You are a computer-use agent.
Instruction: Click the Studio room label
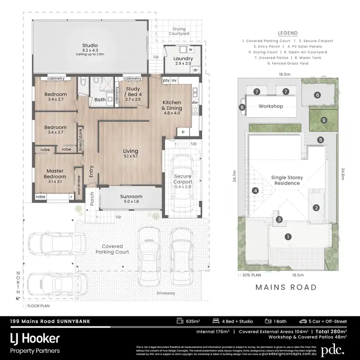coord(90,46)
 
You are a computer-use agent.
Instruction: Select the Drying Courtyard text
coord(179,32)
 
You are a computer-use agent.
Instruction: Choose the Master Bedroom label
coord(55,173)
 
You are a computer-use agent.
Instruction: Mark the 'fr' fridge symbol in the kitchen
coord(183,132)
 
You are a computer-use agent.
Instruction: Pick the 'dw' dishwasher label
coord(194,102)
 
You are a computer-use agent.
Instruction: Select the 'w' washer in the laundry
coord(190,49)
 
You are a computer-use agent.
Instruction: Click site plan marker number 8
coord(242,107)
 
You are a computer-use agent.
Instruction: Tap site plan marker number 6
coord(317,95)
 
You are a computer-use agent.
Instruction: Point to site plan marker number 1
coord(288,236)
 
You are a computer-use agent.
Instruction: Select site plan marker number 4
coord(256,191)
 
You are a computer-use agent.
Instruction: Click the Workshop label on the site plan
coord(271,106)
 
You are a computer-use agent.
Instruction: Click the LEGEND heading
coord(287,33)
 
